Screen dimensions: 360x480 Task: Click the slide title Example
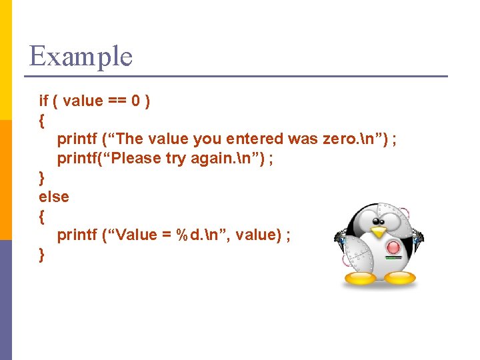[81, 56]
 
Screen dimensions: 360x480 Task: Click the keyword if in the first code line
[43, 101]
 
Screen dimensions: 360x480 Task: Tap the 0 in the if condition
[135, 101]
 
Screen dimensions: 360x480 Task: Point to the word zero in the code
[340, 139]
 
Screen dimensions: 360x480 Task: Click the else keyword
[53, 197]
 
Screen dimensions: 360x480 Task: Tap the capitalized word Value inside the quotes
[135, 235]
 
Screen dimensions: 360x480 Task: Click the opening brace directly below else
[42, 216]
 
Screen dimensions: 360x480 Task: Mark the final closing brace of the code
[42, 254]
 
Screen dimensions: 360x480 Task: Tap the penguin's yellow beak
[378, 232]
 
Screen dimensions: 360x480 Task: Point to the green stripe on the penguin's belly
[393, 256]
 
